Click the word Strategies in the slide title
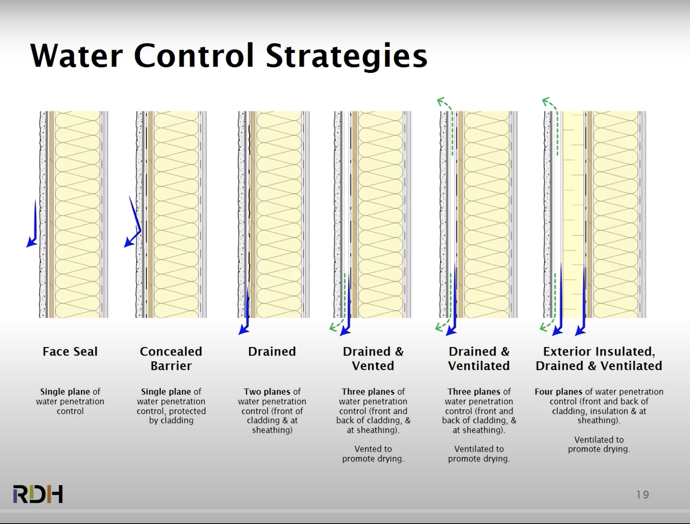(x=347, y=56)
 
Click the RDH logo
(x=38, y=494)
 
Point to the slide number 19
(x=642, y=495)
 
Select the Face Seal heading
(x=70, y=352)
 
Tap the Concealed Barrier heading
(x=171, y=359)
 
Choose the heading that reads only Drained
(x=272, y=352)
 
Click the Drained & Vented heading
(x=373, y=359)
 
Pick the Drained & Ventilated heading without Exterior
(x=479, y=359)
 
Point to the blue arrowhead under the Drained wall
(x=243, y=330)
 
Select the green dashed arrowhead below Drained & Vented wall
(x=333, y=327)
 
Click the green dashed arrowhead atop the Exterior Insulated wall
(x=546, y=101)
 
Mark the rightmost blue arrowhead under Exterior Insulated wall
(x=580, y=331)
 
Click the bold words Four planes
(x=558, y=392)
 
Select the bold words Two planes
(x=267, y=392)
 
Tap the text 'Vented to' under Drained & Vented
(x=373, y=449)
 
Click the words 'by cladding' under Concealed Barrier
(x=171, y=421)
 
